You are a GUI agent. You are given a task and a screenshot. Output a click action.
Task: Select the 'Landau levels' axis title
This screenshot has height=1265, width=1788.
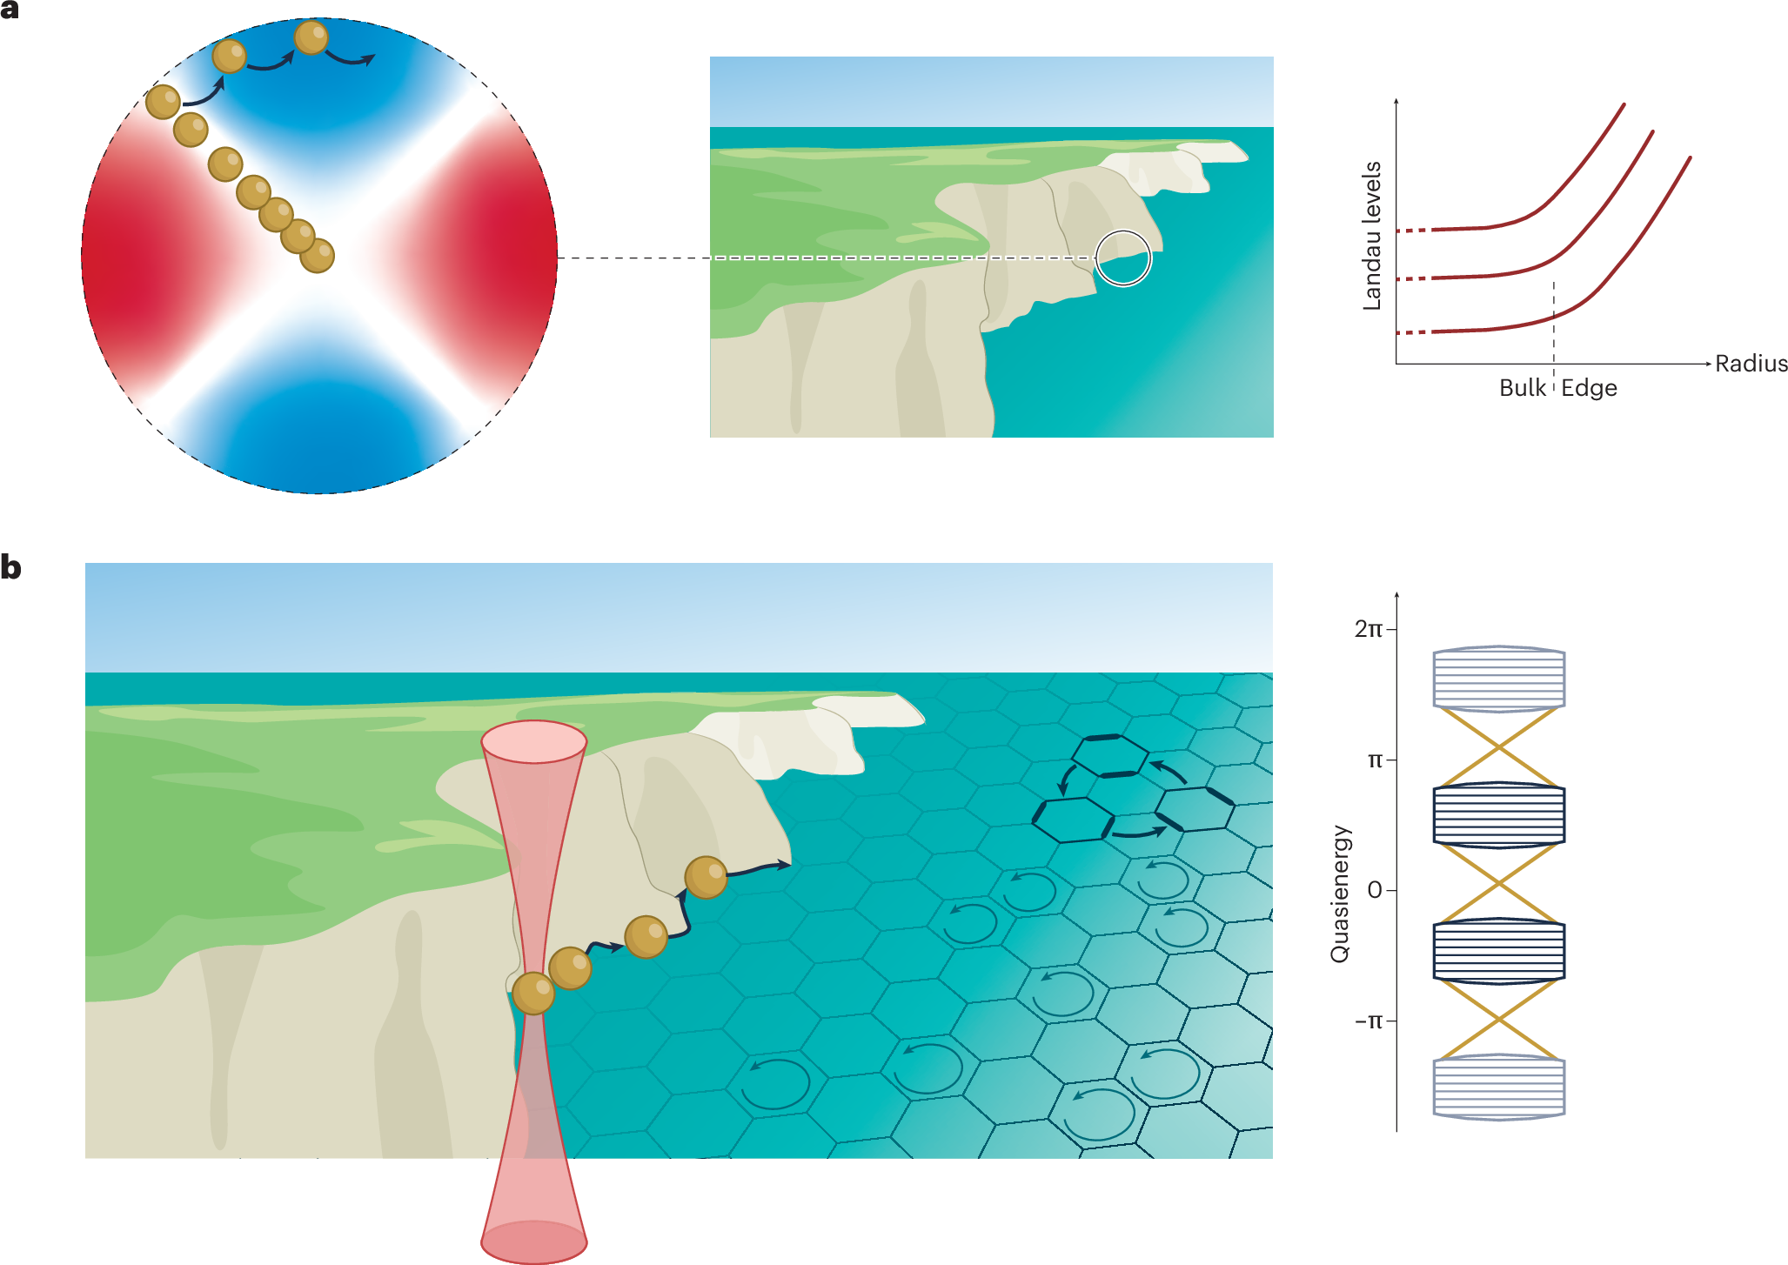click(x=1372, y=236)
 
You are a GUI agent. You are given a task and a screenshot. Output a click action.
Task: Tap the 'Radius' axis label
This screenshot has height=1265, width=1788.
click(x=1751, y=364)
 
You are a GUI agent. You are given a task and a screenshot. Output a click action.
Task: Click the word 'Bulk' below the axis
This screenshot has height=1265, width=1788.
click(x=1522, y=388)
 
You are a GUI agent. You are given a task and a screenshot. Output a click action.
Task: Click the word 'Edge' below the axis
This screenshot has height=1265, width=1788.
click(x=1589, y=388)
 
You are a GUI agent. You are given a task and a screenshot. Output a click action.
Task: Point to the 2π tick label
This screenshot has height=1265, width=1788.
click(x=1368, y=629)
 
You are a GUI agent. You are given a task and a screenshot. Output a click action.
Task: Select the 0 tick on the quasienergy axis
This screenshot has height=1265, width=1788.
click(x=1375, y=890)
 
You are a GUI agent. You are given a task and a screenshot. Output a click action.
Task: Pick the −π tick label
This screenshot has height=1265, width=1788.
click(x=1368, y=1021)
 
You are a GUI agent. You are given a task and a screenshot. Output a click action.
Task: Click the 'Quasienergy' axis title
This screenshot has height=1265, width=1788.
click(x=1340, y=894)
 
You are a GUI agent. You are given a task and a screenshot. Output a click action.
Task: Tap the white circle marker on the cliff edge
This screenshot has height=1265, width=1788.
click(x=1123, y=258)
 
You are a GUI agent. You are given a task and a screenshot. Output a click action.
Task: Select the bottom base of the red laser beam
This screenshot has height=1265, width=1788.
click(x=534, y=1242)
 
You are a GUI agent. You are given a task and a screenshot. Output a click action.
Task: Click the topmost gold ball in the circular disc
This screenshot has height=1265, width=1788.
click(x=311, y=37)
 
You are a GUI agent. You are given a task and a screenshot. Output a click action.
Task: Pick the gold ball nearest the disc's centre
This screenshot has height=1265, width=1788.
click(x=317, y=256)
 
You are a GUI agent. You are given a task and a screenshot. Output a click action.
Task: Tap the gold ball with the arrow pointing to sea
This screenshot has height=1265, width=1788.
click(x=706, y=876)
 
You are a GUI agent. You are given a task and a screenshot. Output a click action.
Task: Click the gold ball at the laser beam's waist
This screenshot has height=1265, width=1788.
click(x=533, y=993)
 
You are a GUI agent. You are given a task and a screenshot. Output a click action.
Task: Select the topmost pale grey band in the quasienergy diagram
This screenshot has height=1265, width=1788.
click(x=1498, y=679)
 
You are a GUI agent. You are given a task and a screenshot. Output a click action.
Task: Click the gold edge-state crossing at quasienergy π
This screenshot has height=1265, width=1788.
click(x=1498, y=747)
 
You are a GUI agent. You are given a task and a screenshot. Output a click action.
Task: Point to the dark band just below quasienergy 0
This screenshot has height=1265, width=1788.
click(x=1498, y=951)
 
